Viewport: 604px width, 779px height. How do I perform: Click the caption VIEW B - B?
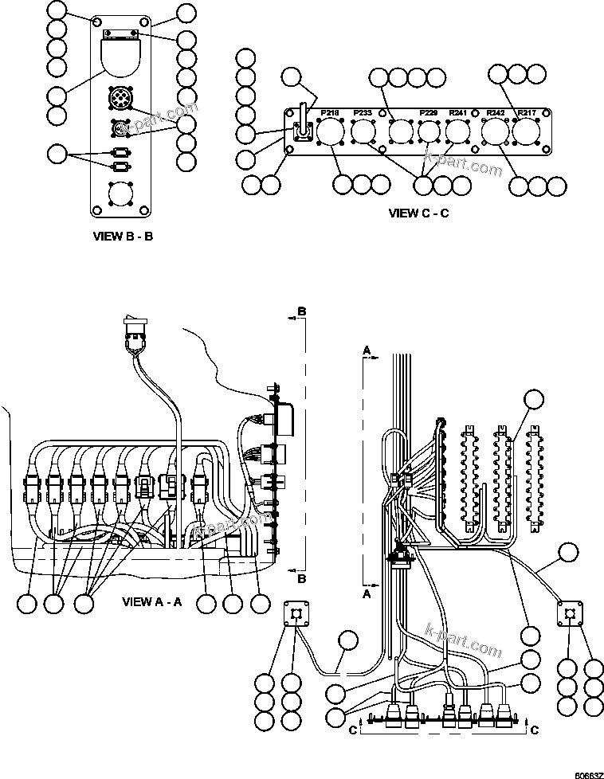123,237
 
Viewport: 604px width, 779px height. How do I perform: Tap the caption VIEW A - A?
152,601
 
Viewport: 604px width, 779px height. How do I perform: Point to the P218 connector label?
330,113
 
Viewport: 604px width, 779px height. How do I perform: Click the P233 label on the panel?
362,113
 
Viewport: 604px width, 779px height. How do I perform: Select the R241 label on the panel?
458,113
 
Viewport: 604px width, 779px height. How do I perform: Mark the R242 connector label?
496,113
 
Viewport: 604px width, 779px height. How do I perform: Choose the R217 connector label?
526,113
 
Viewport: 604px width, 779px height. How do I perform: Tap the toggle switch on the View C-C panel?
303,122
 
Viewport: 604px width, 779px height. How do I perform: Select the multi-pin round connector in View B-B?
120,100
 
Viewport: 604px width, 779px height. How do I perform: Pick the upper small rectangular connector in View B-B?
120,152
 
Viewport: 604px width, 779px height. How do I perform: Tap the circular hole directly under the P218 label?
330,131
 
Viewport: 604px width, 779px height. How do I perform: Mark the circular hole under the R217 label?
526,131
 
